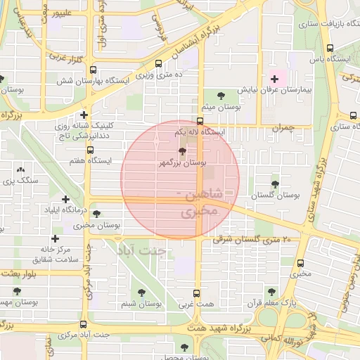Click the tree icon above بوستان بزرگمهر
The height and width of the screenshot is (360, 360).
coord(182,151)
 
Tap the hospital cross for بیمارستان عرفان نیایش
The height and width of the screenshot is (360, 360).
coord(274,79)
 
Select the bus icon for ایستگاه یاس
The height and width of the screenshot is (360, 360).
coord(330,48)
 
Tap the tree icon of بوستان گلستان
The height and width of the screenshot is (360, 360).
coord(274,184)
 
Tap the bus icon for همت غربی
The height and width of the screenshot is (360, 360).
coord(197,294)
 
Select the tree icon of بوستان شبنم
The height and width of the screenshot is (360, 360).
coord(143,292)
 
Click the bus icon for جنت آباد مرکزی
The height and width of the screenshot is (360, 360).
coord(84,324)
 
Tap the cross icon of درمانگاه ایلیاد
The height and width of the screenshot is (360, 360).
coord(65,200)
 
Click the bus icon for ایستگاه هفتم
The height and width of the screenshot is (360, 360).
coord(89,150)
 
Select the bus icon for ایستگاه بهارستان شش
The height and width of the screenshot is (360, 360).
coord(93,70)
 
